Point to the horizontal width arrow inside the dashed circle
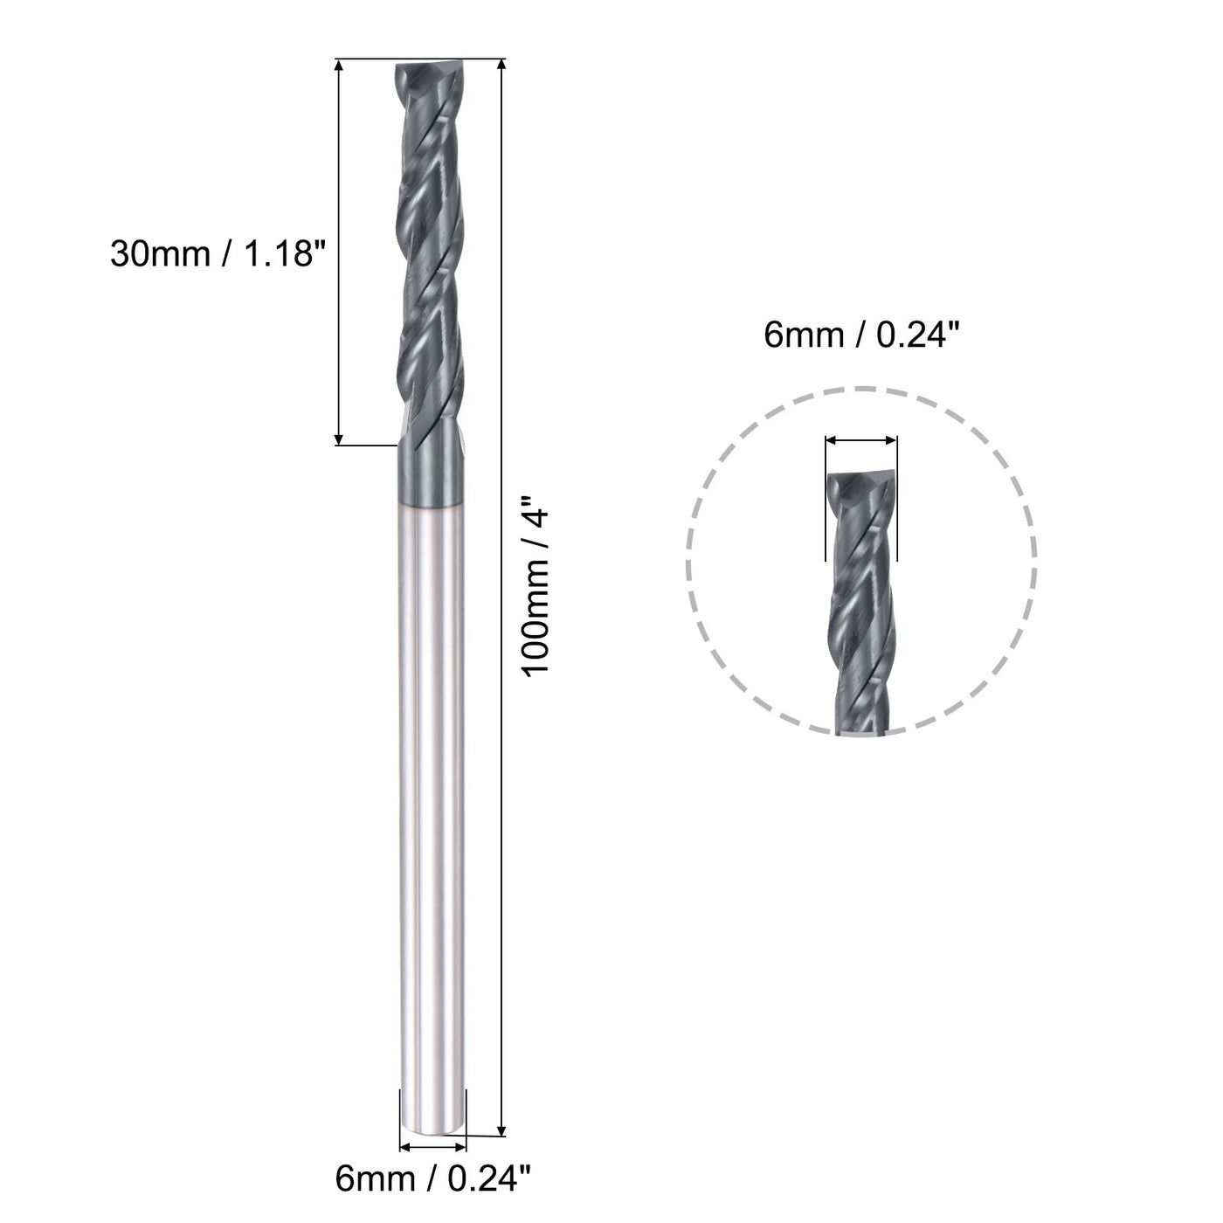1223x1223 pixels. tap(860, 441)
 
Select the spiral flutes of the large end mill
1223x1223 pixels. tap(428, 262)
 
